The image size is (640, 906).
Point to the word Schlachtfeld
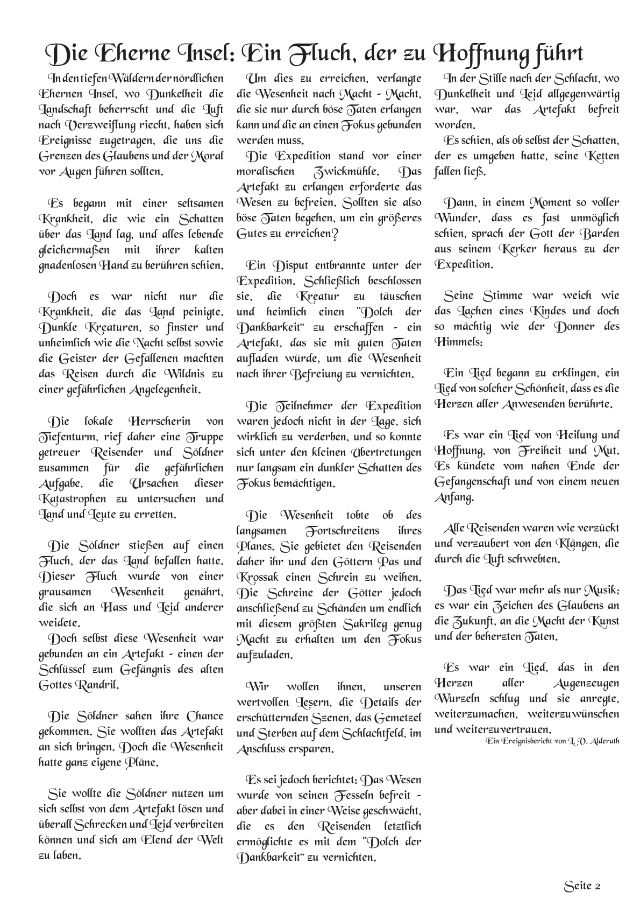(369, 734)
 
